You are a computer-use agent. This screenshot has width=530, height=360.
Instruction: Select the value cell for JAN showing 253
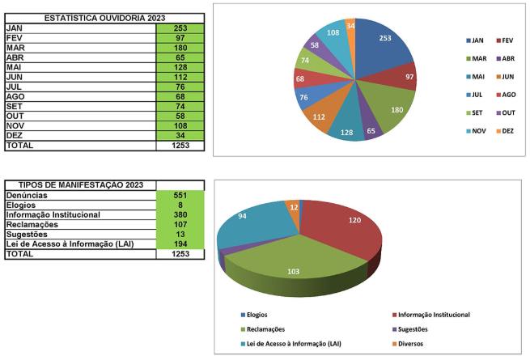180,28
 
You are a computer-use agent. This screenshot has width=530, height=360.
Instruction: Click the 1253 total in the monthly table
180,145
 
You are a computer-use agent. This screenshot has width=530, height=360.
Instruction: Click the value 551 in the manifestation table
180,196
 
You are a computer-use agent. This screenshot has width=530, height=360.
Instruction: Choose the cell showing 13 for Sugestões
180,234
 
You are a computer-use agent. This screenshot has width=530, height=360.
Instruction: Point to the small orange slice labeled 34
350,26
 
